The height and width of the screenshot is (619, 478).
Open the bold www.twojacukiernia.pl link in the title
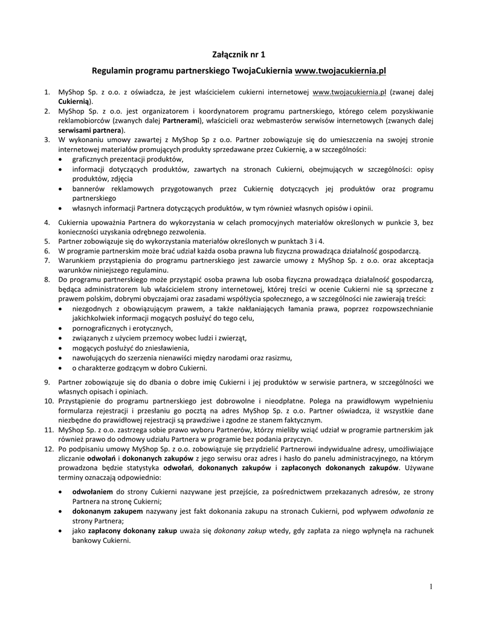click(x=340, y=71)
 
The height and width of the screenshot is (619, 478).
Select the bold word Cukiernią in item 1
click(x=74, y=101)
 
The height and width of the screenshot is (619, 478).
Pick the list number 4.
click(x=47, y=222)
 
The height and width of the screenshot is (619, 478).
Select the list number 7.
click(x=47, y=261)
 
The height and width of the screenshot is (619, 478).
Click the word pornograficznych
click(x=100, y=328)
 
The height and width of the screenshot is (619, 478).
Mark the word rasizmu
click(x=277, y=357)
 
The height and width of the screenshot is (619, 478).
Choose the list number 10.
click(x=48, y=401)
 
